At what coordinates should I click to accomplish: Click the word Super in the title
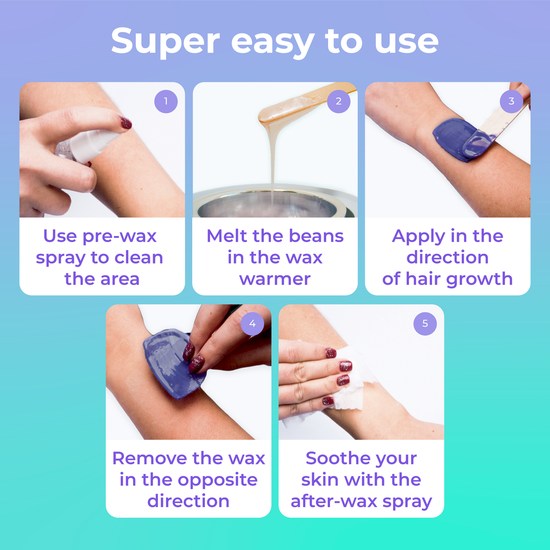[165, 41]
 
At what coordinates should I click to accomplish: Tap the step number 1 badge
[166, 101]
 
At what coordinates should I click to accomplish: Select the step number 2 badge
[338, 101]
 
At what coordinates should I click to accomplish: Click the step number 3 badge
[511, 101]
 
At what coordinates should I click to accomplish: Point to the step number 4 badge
[252, 324]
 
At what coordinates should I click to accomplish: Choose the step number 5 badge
[425, 324]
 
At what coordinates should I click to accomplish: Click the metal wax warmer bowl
[274, 204]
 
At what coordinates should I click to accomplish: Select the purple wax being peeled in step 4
[167, 365]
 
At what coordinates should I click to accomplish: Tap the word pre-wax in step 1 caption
[120, 236]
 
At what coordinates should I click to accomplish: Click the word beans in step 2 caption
[316, 236]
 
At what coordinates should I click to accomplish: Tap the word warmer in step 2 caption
[275, 279]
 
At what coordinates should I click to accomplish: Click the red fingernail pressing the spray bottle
[126, 123]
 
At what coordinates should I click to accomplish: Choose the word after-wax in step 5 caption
[333, 501]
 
